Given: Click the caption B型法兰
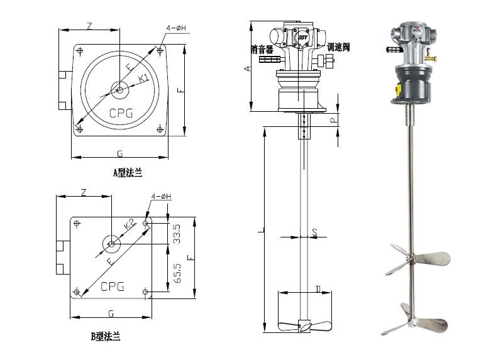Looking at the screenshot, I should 105,337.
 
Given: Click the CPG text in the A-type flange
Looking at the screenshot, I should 121,114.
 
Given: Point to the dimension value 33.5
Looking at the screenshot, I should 177,233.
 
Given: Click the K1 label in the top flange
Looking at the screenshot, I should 143,77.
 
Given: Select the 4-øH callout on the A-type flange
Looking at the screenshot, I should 177,28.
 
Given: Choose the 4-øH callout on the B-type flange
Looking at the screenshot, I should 162,198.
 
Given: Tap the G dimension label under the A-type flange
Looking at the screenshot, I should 119,153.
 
